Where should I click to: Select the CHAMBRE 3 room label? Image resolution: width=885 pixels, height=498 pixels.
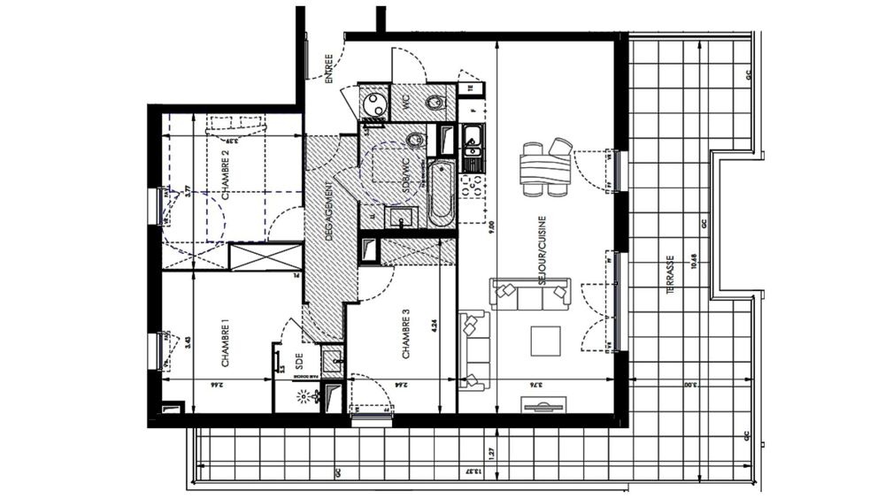406,333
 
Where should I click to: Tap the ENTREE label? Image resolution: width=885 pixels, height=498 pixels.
328,68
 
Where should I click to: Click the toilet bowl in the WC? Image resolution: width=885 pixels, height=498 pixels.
435,105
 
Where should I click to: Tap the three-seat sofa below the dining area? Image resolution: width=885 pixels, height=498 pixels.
531,293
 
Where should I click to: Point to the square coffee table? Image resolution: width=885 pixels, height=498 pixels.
544,340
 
